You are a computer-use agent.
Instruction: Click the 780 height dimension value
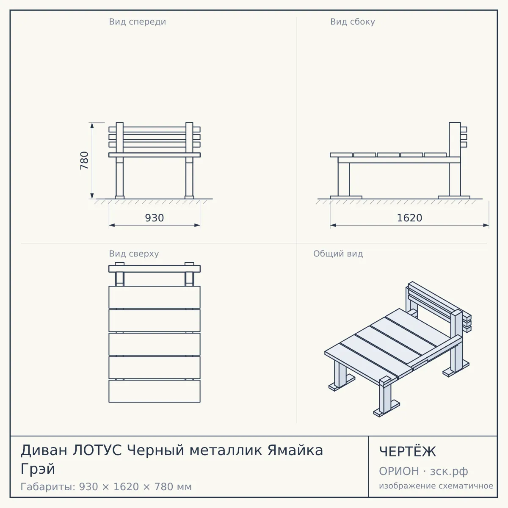coord(84,160)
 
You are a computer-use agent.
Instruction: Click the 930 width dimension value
coord(155,218)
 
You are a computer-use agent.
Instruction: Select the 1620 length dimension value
coord(409,218)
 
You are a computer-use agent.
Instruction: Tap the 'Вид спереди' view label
coord(137,22)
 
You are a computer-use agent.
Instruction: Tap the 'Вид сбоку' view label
coord(353,22)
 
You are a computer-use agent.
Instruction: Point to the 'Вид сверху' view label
coord(134,254)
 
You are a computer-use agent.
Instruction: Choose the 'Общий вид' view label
coord(338,254)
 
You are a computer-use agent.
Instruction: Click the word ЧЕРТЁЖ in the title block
coord(408,452)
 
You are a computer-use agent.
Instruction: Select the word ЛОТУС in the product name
coord(97,450)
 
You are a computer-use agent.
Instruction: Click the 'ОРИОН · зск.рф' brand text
coord(423,471)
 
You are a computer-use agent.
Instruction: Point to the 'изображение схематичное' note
coord(436,486)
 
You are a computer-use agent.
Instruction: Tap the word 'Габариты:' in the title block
coord(48,487)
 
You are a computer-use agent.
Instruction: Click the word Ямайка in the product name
coord(295,450)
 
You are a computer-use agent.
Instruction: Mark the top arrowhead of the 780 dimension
coord(92,125)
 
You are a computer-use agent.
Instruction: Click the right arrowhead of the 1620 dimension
coord(486,225)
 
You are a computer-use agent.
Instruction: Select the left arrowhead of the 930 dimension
coord(112,225)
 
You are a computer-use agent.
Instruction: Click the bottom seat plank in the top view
coord(155,391)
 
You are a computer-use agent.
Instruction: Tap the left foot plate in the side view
coord(346,197)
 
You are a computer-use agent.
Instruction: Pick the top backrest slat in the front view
coord(155,130)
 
